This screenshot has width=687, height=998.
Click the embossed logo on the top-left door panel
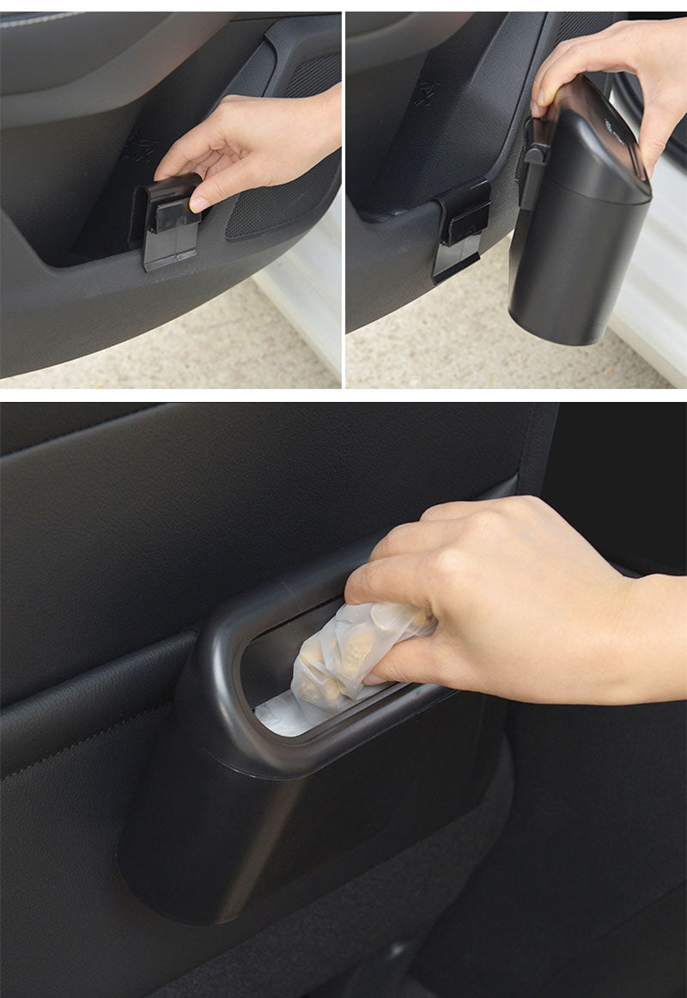pos(135,148)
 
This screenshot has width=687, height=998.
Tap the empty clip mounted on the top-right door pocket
pos(460,227)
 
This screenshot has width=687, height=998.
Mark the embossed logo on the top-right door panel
pos(427,93)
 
